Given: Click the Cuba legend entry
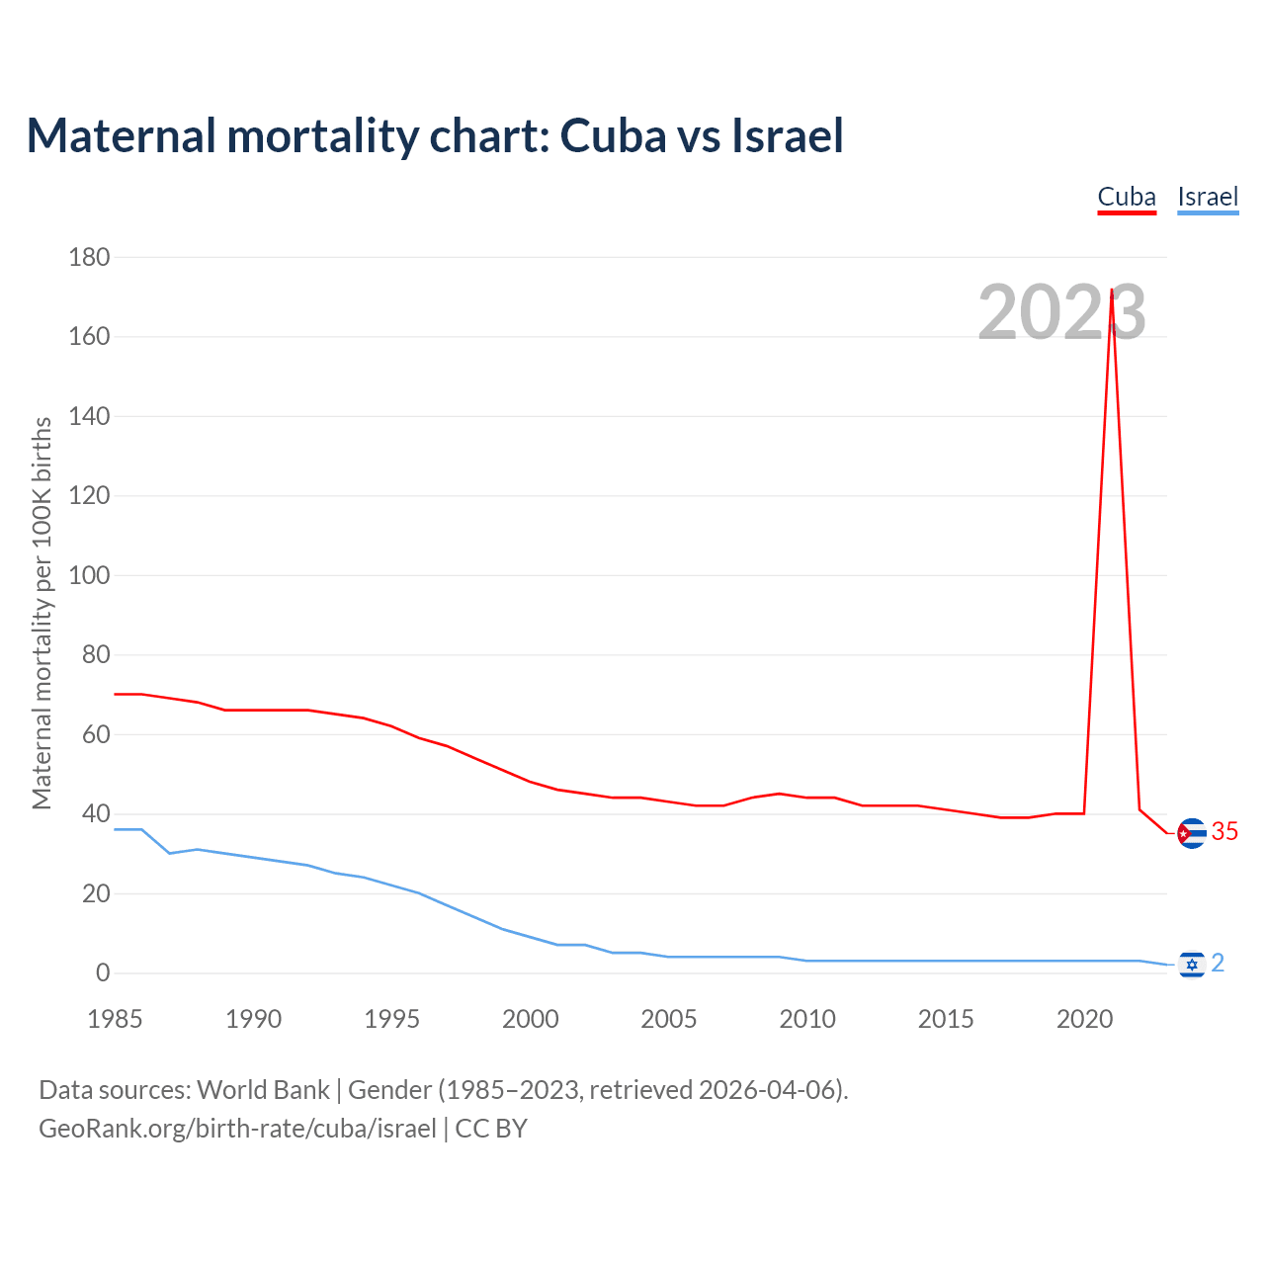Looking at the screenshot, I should (x=1127, y=197).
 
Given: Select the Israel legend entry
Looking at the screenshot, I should (x=1208, y=197).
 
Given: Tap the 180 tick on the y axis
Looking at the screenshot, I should (x=89, y=257).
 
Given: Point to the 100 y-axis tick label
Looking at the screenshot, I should (x=89, y=575).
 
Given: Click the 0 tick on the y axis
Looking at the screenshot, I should (x=103, y=973).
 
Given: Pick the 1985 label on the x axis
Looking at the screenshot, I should (x=115, y=1019).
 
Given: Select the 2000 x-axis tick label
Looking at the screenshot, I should (x=531, y=1019).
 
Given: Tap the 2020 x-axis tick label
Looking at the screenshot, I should (x=1085, y=1019).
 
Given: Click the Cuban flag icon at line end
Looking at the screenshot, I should (x=1192, y=834).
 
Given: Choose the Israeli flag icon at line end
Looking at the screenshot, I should (x=1192, y=964).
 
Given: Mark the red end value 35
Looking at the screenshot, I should (x=1224, y=832).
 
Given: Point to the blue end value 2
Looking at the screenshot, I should (x=1218, y=963).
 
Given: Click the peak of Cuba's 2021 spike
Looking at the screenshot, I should (x=1113, y=291).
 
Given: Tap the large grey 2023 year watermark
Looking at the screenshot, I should (x=1061, y=312).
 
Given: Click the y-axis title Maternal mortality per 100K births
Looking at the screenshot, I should (x=42, y=613).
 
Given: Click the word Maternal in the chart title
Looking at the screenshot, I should (x=121, y=135).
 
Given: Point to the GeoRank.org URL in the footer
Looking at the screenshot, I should (x=237, y=1129).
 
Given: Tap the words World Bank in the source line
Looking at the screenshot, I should (x=263, y=1090).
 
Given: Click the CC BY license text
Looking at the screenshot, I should (x=491, y=1129).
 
